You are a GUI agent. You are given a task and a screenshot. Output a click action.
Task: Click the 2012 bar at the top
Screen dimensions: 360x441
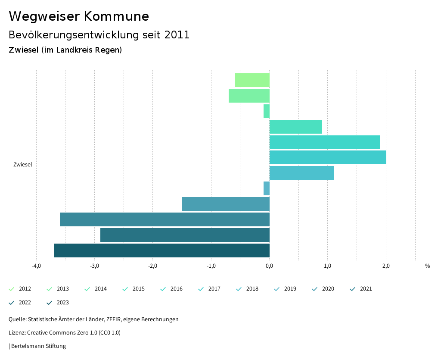(x=252, y=80)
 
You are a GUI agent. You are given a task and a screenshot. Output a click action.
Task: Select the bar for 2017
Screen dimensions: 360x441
(x=327, y=157)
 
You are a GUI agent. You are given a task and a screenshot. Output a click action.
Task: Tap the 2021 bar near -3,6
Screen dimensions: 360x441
(x=165, y=219)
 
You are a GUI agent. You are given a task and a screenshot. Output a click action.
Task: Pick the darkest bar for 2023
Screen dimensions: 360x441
(x=161, y=250)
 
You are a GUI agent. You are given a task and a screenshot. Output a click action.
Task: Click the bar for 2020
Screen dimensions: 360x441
(x=226, y=204)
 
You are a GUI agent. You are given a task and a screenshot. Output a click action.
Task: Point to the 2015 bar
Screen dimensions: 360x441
(x=295, y=127)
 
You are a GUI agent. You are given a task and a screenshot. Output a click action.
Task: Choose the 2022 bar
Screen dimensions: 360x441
(x=185, y=235)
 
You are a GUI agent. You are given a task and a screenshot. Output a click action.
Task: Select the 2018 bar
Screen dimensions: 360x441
(x=301, y=173)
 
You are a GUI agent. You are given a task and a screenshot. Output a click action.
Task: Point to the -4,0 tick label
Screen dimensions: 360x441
(x=36, y=266)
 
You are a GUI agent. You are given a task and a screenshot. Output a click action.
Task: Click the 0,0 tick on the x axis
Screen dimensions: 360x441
(x=269, y=266)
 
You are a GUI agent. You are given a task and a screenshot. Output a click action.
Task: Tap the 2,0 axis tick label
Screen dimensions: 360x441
(x=386, y=266)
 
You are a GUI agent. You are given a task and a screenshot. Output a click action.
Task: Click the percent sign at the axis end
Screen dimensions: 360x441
(x=427, y=266)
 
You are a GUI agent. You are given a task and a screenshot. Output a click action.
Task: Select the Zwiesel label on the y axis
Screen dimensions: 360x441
(x=22, y=165)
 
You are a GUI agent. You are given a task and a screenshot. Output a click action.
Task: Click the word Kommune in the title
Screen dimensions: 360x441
(x=117, y=16)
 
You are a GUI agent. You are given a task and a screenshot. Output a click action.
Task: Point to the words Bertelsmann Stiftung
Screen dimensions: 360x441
(x=38, y=346)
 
